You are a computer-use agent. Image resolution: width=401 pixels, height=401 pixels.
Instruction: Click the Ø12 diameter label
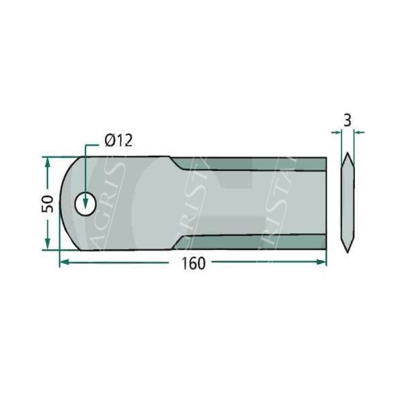coord(119,141)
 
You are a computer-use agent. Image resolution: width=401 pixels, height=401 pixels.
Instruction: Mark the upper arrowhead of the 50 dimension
coord(47,161)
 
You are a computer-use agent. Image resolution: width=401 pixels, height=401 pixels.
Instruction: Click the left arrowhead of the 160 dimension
coord(63,263)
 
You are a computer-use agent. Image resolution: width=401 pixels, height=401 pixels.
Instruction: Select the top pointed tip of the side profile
coord(347,155)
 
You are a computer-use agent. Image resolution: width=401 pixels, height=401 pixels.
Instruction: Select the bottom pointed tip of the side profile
coord(347,253)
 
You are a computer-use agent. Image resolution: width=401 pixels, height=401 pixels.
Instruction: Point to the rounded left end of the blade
coord(62,204)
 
